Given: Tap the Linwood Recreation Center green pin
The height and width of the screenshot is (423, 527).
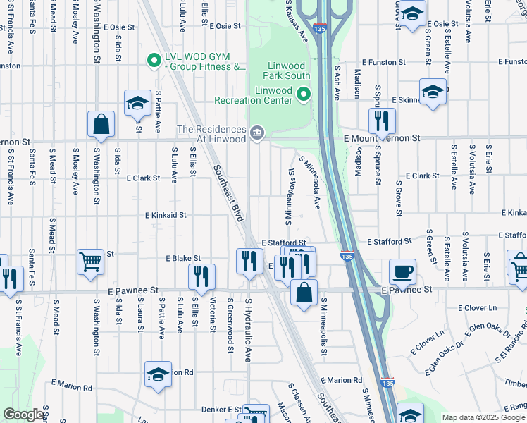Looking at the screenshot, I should click(x=304, y=93).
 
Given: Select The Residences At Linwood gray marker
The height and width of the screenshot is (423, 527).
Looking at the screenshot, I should click(x=256, y=132).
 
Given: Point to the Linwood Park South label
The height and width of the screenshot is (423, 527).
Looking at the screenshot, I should click(x=287, y=69).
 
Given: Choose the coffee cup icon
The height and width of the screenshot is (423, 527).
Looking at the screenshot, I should click(x=402, y=271).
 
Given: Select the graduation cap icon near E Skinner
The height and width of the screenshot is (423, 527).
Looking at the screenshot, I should click(x=432, y=92).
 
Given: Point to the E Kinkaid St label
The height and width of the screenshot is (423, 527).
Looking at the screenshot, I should click(x=166, y=215).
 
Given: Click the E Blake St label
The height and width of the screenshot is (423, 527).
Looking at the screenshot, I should click(x=183, y=259).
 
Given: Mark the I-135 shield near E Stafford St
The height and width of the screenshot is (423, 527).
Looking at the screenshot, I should click(x=347, y=258).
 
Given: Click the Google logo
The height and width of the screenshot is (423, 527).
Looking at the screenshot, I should click(x=23, y=415).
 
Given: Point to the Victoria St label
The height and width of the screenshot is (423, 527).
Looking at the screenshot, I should click(x=213, y=313).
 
